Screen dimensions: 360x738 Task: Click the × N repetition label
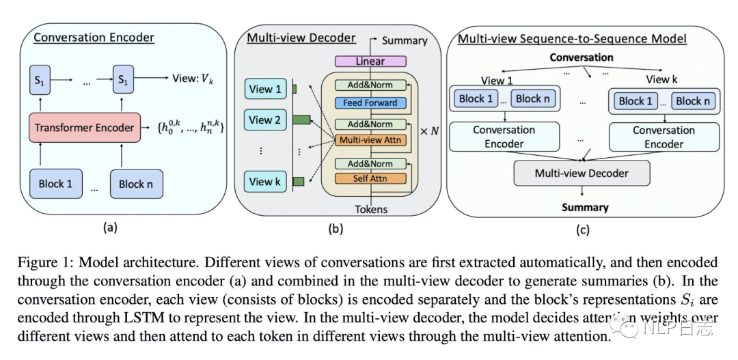[428, 130]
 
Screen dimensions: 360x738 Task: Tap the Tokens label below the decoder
[371, 209]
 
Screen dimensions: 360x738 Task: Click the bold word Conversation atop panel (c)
[582, 57]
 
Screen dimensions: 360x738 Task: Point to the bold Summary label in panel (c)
[585, 207]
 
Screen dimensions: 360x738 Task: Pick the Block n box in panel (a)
[141, 183]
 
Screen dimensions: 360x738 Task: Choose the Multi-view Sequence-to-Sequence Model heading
[572, 39]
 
